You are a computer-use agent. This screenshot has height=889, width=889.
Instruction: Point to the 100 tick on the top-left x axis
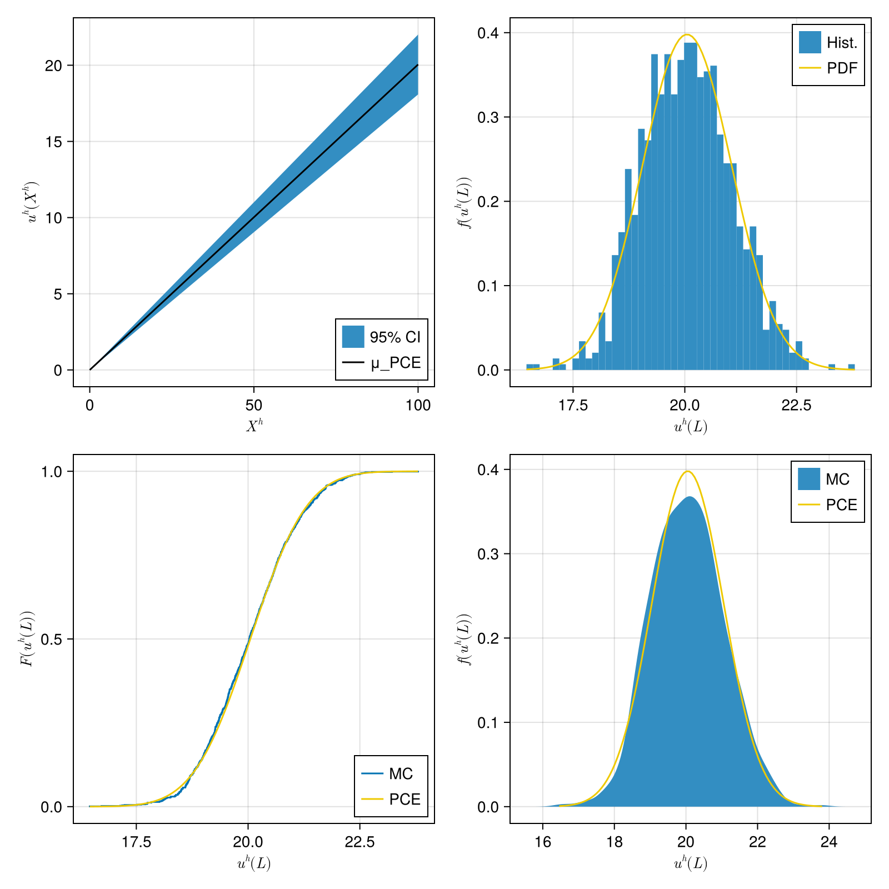[418, 406]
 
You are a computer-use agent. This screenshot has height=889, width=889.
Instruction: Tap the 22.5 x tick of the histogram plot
[796, 406]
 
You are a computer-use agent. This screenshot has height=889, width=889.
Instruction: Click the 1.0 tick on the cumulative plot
[51, 472]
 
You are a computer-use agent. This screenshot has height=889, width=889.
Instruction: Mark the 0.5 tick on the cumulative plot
[51, 639]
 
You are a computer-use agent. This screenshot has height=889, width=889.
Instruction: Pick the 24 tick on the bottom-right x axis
[828, 842]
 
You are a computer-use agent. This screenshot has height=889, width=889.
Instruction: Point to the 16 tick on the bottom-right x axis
[543, 842]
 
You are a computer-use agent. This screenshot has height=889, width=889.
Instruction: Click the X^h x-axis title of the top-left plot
[254, 426]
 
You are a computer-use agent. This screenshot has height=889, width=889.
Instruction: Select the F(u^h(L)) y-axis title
[27, 638]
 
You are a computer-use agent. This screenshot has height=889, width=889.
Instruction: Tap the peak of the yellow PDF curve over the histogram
[687, 34]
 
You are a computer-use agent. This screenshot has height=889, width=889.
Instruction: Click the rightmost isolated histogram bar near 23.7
[851, 367]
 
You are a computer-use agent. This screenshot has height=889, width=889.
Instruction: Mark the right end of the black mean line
[418, 65]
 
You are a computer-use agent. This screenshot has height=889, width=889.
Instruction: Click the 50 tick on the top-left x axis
[254, 406]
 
